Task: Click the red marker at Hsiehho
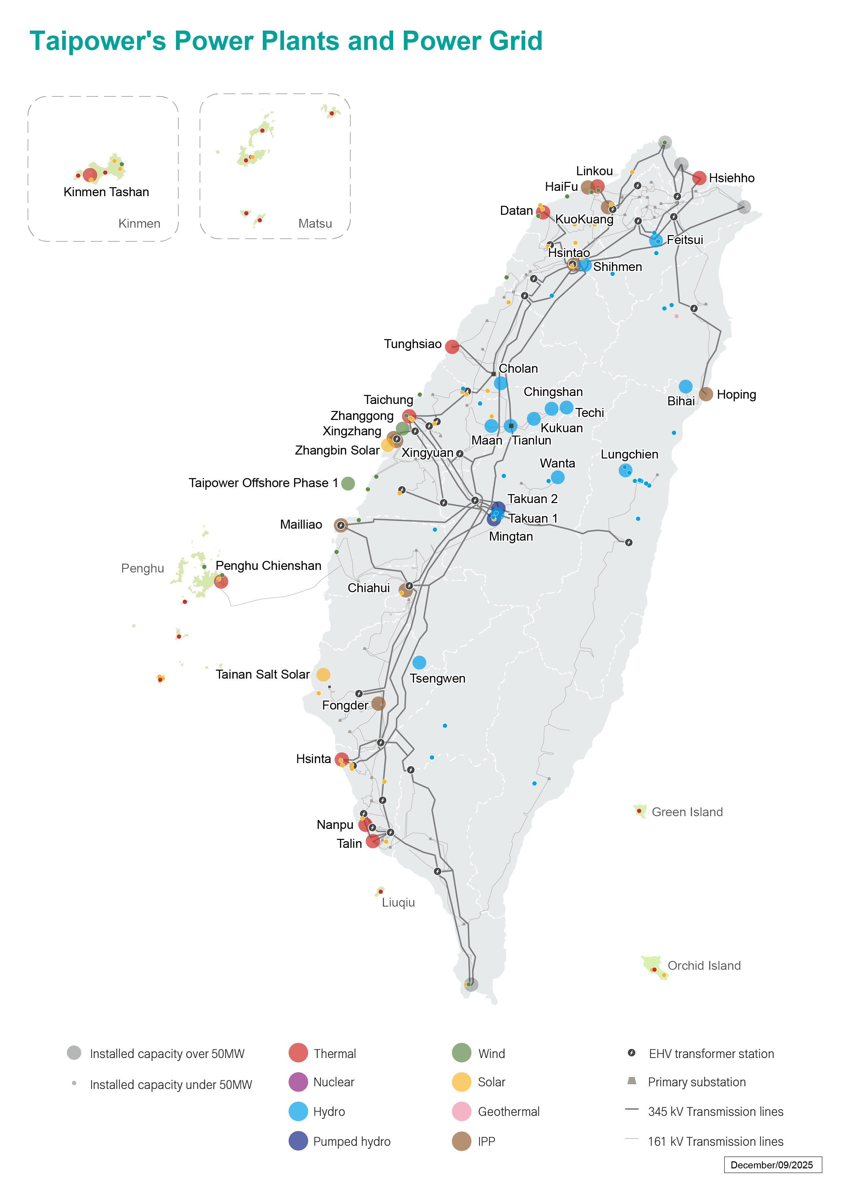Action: [x=699, y=178]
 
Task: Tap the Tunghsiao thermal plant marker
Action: [x=452, y=347]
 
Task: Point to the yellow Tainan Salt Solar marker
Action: [x=323, y=674]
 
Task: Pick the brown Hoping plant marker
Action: [x=706, y=394]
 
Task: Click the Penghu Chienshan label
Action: [x=268, y=566]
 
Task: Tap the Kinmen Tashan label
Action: [x=106, y=192]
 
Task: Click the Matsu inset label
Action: [x=315, y=223]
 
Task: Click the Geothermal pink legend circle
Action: [x=461, y=1112]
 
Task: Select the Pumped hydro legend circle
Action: [x=298, y=1141]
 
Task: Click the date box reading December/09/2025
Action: [x=772, y=1165]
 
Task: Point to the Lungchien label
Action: [x=629, y=455]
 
